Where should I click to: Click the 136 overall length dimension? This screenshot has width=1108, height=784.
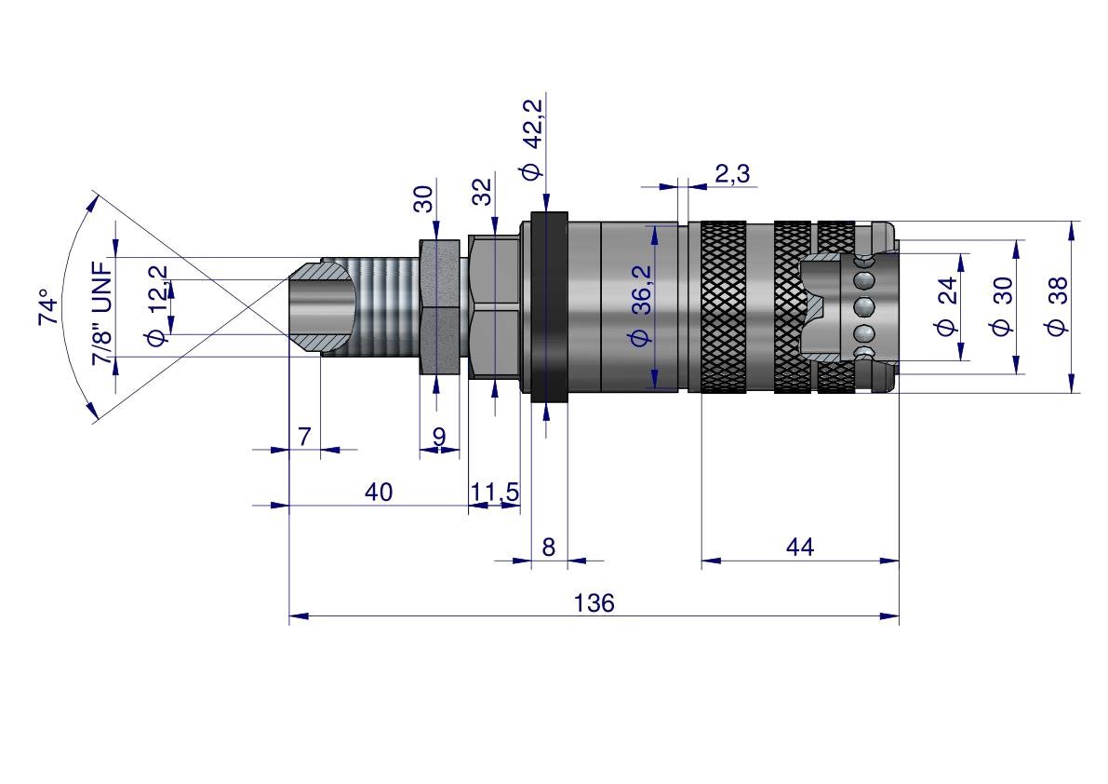pos(594,603)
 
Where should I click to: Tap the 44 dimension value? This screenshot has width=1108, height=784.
pos(799,547)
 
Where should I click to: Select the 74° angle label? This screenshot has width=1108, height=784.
pos(47,306)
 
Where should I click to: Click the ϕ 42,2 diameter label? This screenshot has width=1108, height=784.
pos(532,140)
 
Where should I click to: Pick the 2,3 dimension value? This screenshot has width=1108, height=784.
pos(732,173)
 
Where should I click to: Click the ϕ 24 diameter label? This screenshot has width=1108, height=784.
pos(947,306)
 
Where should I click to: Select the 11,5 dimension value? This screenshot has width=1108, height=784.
pos(495,492)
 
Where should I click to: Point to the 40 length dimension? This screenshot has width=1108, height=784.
pos(379,492)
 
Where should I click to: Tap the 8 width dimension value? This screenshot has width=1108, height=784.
pos(548,547)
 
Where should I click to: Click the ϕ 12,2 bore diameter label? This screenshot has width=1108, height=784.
pos(158,305)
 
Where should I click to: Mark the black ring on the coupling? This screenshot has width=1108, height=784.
pos(549,306)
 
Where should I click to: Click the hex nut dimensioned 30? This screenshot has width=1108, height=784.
pos(438,306)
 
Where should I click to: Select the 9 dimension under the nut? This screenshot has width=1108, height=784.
pos(439,436)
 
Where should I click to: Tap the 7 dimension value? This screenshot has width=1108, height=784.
pos(304,436)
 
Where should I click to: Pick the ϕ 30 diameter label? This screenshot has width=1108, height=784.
pos(1001,306)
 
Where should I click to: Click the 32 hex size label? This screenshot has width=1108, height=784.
pos(482,193)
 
